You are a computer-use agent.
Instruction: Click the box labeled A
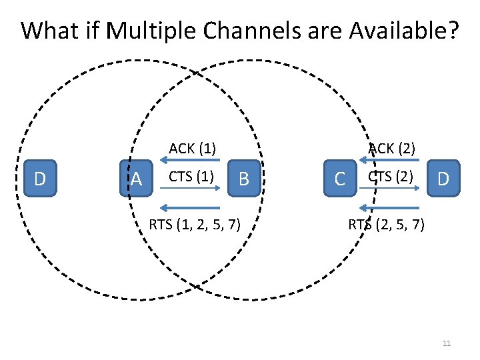click(136, 179)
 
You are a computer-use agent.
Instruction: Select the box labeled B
click(244, 179)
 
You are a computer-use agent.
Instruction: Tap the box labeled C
click(340, 179)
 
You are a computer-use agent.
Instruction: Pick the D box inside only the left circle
click(40, 179)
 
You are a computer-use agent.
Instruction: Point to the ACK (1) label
click(192, 148)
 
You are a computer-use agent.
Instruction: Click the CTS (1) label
click(191, 177)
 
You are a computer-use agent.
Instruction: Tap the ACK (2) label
click(393, 148)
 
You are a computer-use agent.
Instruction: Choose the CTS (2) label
click(391, 177)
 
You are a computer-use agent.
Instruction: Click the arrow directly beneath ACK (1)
click(189, 160)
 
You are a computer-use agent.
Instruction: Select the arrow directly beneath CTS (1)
click(189, 189)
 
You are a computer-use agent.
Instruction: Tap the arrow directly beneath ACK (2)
click(389, 160)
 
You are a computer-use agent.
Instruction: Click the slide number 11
click(447, 343)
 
